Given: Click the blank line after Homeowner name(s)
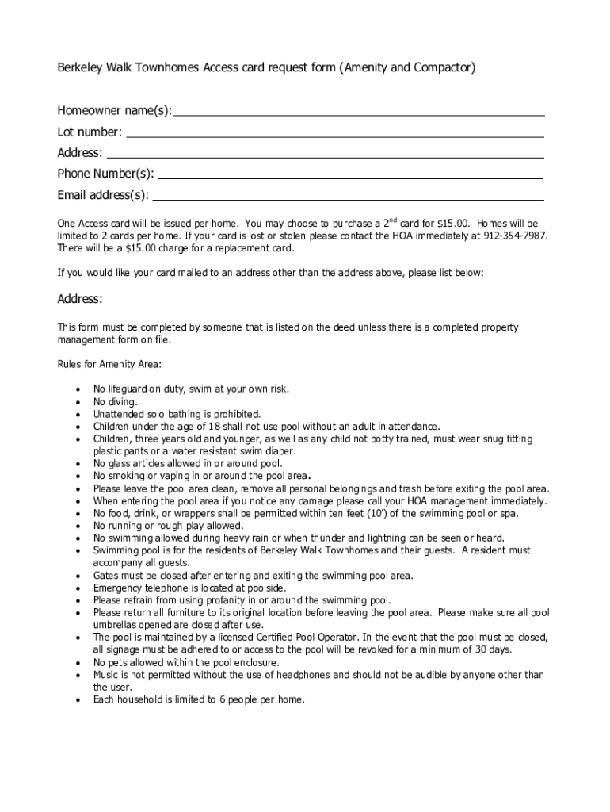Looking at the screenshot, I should (x=359, y=114).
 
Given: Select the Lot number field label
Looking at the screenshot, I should (x=90, y=132).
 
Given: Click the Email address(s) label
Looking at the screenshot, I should (x=102, y=195).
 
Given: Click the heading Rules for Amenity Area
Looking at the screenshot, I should (x=109, y=364).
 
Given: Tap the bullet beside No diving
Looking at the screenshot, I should (x=76, y=402).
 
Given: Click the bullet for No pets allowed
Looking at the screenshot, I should (x=76, y=662).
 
